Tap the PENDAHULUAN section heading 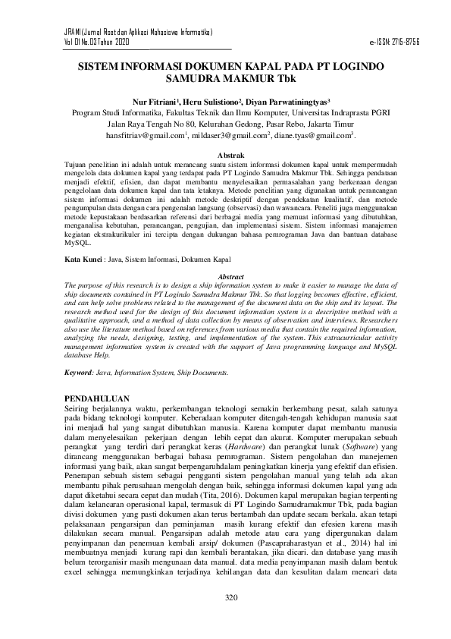pyautogui.click(x=97, y=398)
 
